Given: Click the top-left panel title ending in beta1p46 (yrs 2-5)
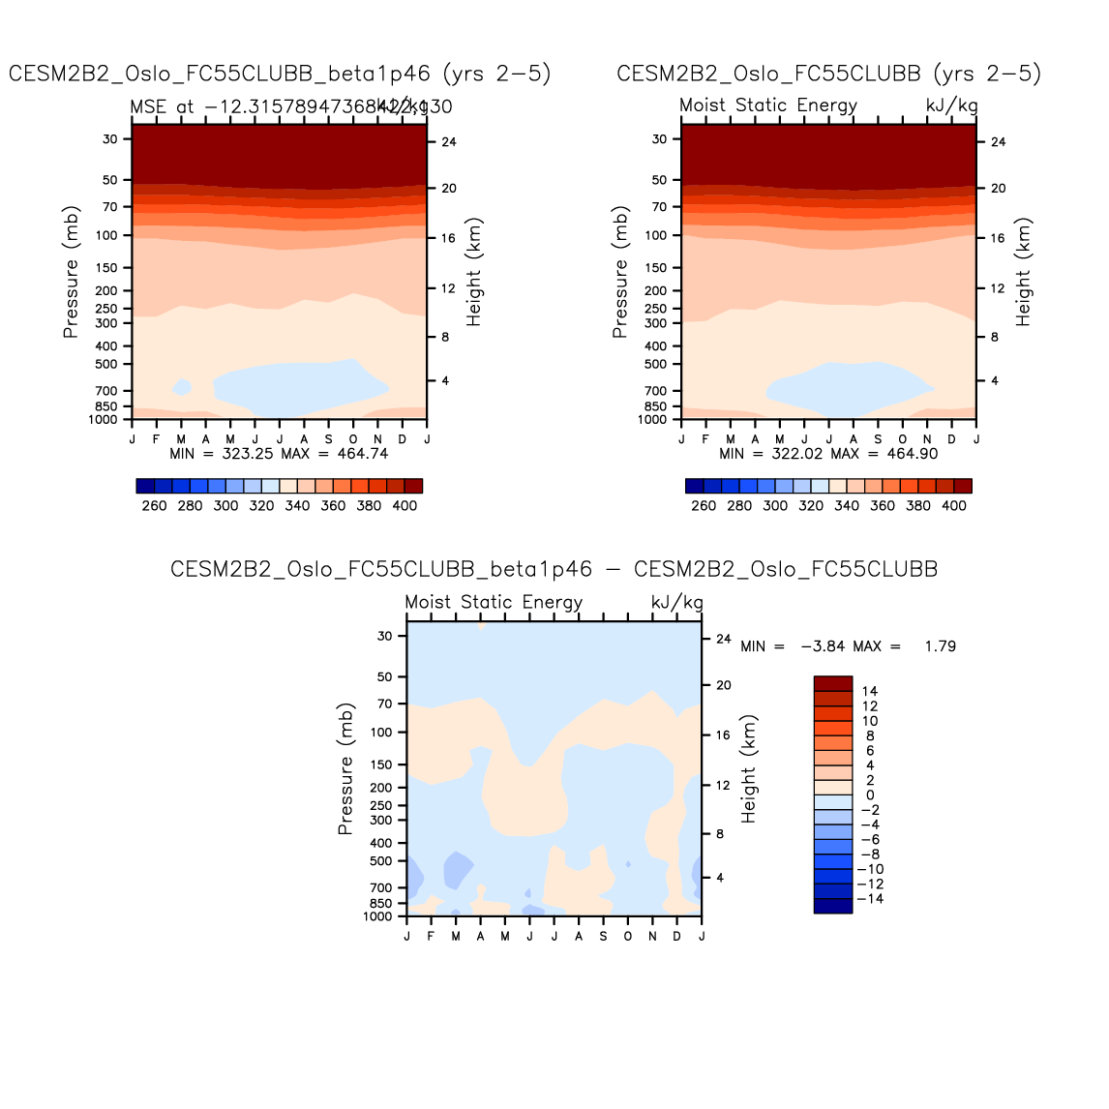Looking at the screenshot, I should pos(280,75).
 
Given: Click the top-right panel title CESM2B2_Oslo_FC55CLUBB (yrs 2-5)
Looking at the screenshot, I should pos(828,75).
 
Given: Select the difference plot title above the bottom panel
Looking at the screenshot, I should pos(554,569).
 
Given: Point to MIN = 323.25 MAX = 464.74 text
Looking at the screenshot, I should pos(279,453).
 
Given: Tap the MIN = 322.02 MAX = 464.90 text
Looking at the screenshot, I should pos(828,453).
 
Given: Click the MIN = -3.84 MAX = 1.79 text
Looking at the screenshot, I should pos(848,646).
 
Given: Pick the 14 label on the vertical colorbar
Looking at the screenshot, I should pos(870,691).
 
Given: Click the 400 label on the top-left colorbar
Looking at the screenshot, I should pos(405,505).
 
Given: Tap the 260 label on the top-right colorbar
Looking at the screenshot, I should pos(704,505).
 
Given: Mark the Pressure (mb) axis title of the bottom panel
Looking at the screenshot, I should pos(345,768).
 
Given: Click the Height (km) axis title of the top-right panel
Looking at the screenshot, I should pos(1023,271).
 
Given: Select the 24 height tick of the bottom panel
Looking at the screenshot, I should pos(723,639).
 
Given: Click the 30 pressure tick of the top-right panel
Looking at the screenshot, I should pos(659,139).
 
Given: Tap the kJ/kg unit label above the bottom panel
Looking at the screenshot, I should pos(676,602).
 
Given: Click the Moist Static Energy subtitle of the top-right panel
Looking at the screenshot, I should pos(768,105).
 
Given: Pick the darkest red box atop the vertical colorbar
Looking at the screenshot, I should pos(832,683).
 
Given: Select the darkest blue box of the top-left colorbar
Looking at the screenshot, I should pos(145,486).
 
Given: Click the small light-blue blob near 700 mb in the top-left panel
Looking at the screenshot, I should pos(181,387).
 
